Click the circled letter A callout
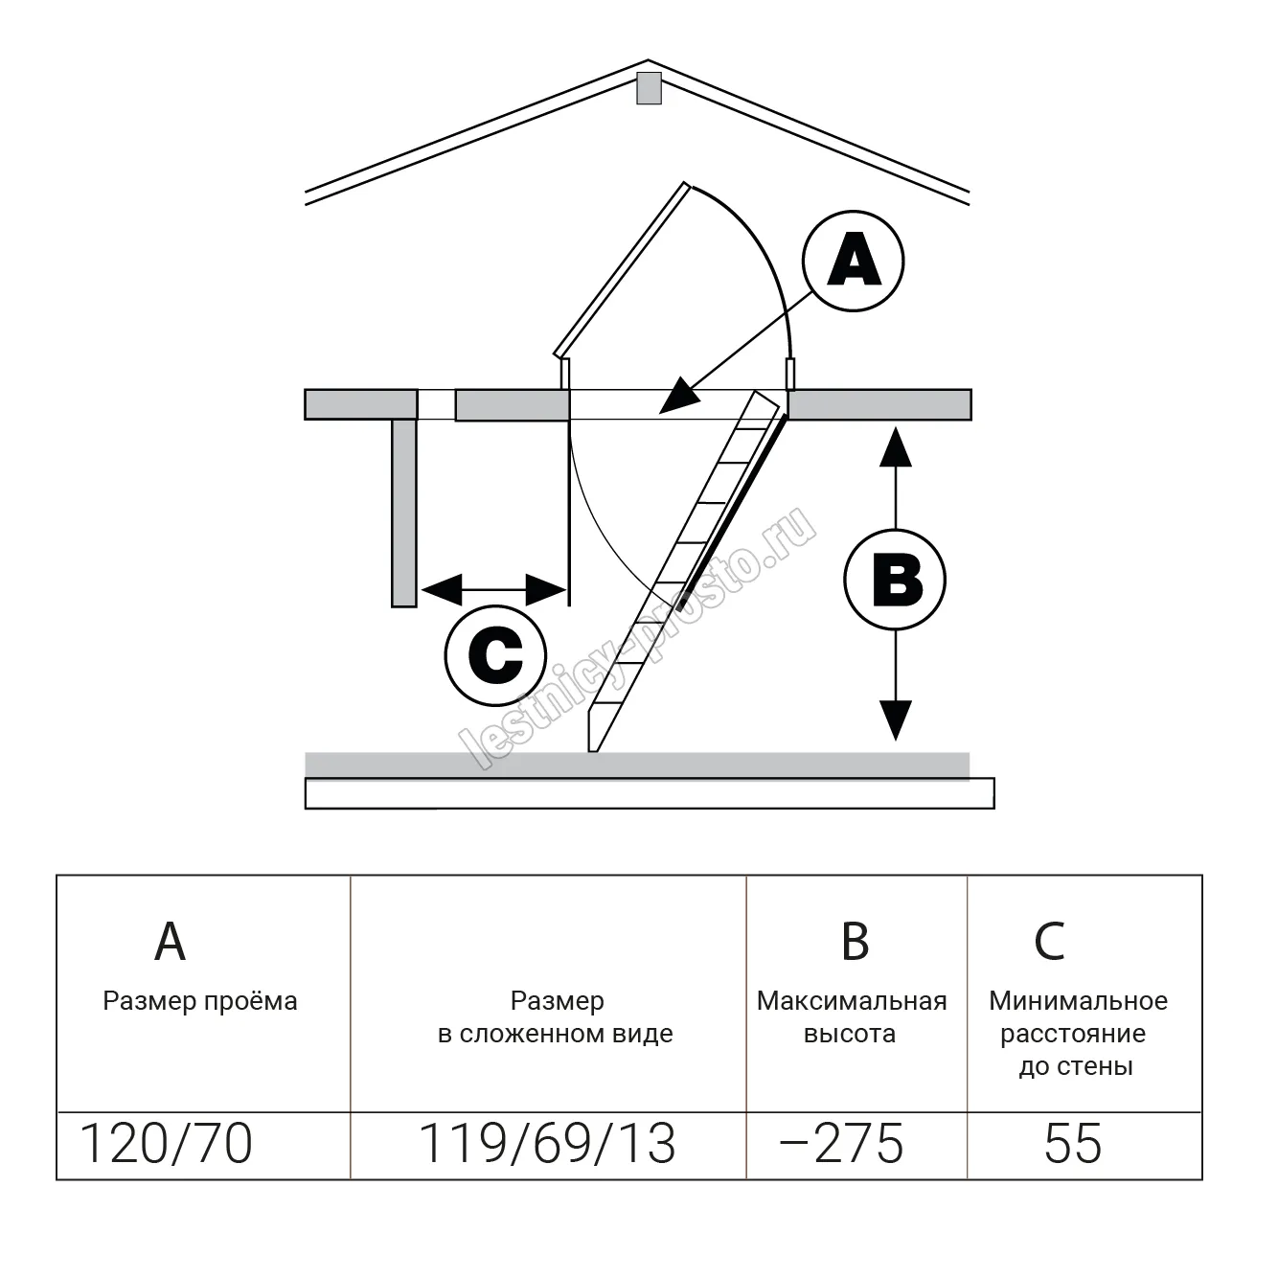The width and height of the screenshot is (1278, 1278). point(854,261)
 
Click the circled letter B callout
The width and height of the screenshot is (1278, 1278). point(895,580)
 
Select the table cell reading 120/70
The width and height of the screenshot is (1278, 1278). point(166,1143)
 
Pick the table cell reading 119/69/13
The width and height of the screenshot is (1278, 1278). point(548,1143)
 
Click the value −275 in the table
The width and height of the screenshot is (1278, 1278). point(842,1143)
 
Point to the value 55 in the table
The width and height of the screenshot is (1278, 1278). point(1073,1143)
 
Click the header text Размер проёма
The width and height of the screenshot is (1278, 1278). point(200,1001)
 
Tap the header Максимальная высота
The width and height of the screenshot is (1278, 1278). point(852,1017)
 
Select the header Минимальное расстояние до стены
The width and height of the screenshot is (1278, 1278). point(1077,1034)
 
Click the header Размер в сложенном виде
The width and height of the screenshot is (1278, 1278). point(556,1017)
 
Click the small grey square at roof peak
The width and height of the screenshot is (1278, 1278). point(649,88)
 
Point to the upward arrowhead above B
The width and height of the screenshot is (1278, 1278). point(895,445)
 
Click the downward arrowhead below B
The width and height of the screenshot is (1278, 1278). point(895,720)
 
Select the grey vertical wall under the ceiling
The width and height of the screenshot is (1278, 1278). point(404,513)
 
